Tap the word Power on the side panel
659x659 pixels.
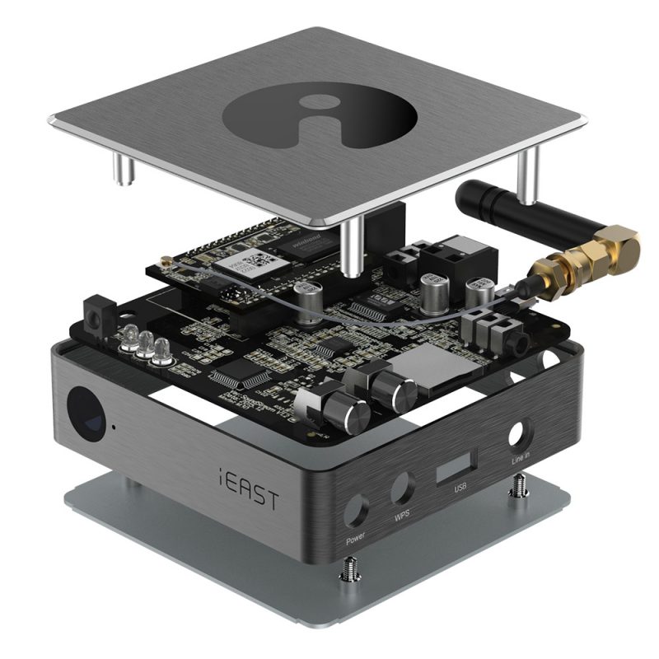(355, 540)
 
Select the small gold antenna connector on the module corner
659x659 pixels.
(165, 264)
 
